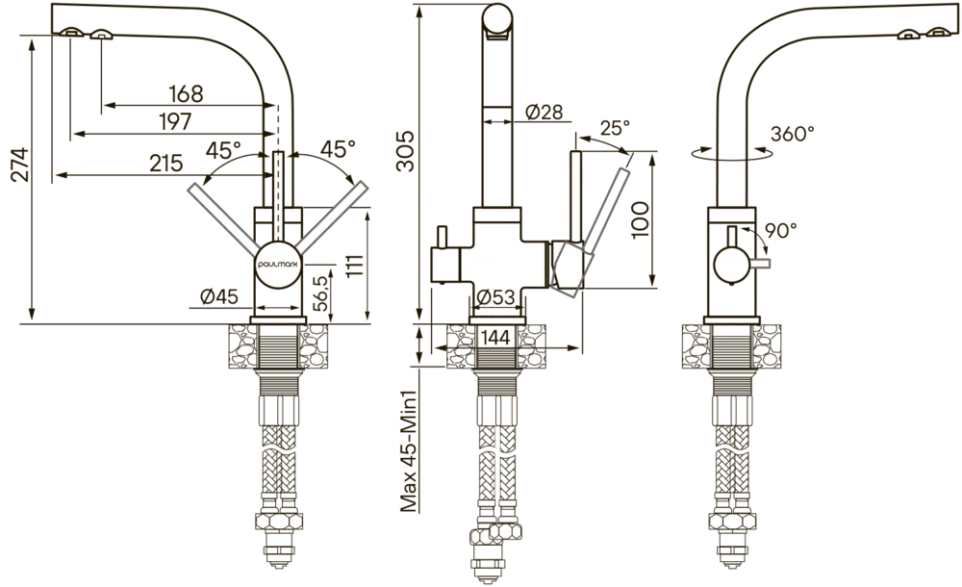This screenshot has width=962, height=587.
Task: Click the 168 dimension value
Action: (x=186, y=94)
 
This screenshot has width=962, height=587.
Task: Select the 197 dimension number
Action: (x=175, y=121)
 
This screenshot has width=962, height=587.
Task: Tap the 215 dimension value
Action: (x=166, y=163)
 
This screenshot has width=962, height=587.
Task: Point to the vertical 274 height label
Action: (x=21, y=164)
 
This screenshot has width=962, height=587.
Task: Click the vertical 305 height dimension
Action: (x=406, y=151)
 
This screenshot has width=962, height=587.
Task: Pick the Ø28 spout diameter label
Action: (x=544, y=112)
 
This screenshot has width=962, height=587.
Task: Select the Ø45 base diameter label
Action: (x=219, y=296)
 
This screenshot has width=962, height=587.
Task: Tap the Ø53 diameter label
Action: (x=495, y=297)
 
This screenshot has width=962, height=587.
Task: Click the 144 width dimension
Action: (x=495, y=337)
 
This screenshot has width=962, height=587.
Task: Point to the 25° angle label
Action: (x=615, y=128)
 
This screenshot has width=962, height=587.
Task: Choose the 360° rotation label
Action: (x=793, y=133)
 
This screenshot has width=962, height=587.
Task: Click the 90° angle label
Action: (x=781, y=230)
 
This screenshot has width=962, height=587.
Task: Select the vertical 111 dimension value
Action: (x=355, y=266)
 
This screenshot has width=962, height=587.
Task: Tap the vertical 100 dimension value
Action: (x=640, y=219)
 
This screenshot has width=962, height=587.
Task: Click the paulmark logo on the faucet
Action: (x=278, y=264)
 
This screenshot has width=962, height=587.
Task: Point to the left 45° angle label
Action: (x=223, y=150)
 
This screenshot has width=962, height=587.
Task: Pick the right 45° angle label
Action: (x=338, y=148)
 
